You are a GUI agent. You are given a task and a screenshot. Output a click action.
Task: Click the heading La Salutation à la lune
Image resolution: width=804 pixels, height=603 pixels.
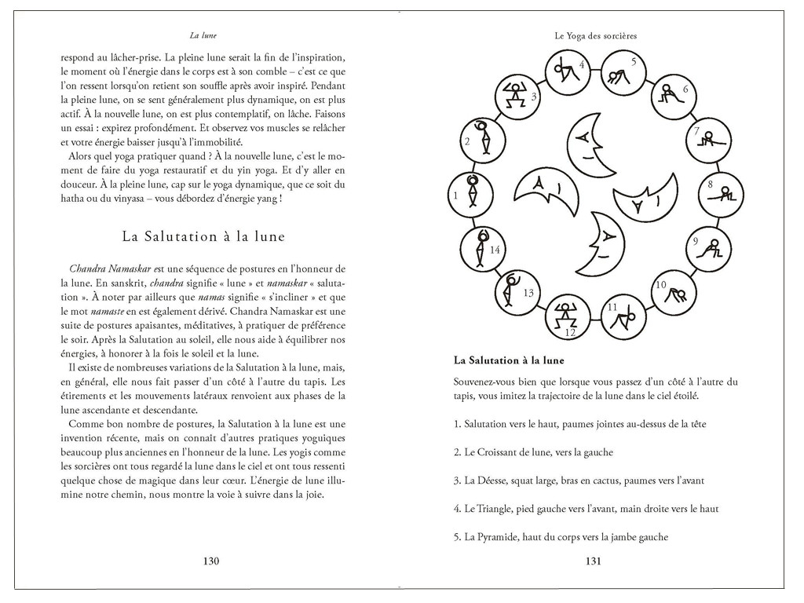203,236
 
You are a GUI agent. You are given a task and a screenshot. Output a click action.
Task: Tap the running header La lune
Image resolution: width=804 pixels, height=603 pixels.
203,35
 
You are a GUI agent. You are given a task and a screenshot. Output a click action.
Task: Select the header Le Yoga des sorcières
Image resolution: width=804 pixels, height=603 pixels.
594,35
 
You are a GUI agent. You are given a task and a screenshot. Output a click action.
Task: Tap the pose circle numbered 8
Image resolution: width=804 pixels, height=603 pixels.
720,190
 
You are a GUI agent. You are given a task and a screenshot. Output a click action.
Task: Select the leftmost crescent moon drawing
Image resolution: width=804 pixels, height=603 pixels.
541,192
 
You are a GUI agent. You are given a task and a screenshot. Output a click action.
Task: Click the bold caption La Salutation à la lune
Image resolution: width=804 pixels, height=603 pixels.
509,361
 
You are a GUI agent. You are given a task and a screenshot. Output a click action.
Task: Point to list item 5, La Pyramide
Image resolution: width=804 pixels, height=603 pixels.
561,537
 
